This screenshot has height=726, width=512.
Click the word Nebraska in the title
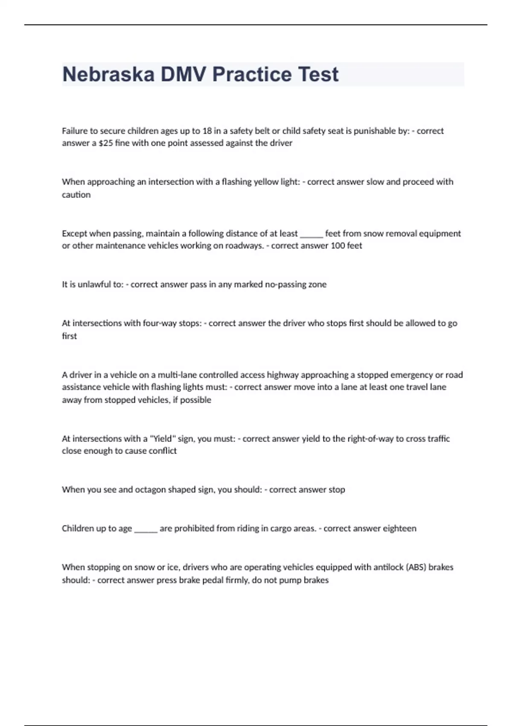click(108, 74)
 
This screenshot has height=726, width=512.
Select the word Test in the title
click(318, 74)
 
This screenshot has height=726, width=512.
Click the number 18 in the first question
click(207, 131)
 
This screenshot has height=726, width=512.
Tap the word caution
click(76, 195)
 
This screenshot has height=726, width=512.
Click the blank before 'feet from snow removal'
click(311, 234)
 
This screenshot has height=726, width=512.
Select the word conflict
click(163, 451)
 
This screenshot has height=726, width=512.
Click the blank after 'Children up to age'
click(146, 529)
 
